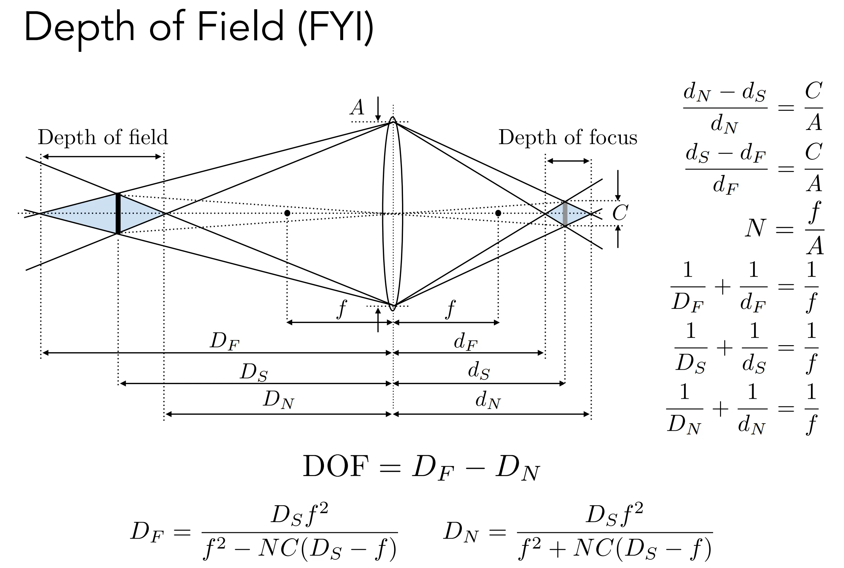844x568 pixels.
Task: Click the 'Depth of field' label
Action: pyautogui.click(x=103, y=137)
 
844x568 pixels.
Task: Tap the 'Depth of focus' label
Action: pyautogui.click(x=568, y=137)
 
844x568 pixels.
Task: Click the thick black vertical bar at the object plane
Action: pyautogui.click(x=118, y=213)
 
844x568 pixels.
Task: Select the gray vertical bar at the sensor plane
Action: pyautogui.click(x=565, y=214)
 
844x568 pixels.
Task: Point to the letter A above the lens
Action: pyautogui.click(x=357, y=107)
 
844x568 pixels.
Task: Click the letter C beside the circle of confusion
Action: pyautogui.click(x=620, y=213)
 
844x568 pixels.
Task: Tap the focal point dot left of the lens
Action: pyautogui.click(x=287, y=213)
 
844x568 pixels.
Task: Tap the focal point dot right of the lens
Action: pyautogui.click(x=498, y=213)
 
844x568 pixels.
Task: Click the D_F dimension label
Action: pyautogui.click(x=224, y=341)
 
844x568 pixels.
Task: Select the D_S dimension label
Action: pyautogui.click(x=254, y=372)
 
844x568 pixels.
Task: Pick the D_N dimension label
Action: pyautogui.click(x=279, y=400)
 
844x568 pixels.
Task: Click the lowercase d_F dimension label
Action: pyautogui.click(x=466, y=342)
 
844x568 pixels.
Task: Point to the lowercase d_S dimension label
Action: pyautogui.click(x=479, y=371)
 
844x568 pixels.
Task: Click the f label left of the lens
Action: pyautogui.click(x=341, y=309)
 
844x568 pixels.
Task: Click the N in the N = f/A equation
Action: pyautogui.click(x=756, y=228)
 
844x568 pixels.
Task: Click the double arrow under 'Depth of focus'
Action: pyautogui.click(x=568, y=161)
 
